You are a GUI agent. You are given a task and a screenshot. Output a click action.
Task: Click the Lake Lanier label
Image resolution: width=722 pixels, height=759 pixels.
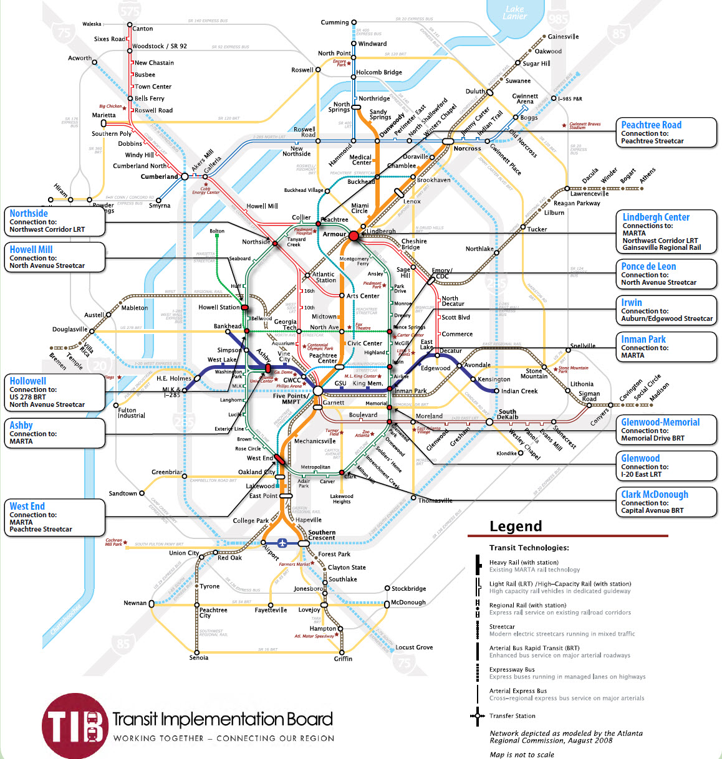point(515,12)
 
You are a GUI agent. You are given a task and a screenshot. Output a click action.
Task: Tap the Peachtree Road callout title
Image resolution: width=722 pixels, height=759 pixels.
point(651,125)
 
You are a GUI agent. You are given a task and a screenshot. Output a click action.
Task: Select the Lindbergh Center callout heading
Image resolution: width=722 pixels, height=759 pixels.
point(656,217)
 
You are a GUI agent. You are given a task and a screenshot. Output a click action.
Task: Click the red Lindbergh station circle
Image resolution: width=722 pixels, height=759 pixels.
point(354,236)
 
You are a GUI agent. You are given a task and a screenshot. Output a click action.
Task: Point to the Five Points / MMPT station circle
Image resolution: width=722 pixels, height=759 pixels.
point(317,391)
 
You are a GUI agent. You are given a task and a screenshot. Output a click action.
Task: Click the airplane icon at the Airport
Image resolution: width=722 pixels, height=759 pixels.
point(283,543)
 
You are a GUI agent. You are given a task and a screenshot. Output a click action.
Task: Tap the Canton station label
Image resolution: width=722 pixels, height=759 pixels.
point(142,29)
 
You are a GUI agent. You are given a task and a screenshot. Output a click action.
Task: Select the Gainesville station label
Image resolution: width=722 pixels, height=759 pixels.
point(563,37)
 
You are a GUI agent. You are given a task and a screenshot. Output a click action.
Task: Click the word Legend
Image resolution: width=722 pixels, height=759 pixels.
point(516,526)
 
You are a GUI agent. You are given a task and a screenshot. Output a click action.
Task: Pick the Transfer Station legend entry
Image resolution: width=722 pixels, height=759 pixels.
point(512,716)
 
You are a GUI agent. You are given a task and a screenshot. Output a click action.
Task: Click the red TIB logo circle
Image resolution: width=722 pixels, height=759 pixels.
point(74,725)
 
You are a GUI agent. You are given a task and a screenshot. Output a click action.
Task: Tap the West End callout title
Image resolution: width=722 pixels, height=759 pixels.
point(27,506)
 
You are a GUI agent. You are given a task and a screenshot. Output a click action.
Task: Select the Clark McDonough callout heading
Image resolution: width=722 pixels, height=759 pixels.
point(655,494)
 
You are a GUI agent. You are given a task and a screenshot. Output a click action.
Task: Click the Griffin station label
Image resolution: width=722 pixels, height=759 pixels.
point(343,659)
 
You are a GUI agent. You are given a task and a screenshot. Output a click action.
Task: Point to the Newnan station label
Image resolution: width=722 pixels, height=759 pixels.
point(135,603)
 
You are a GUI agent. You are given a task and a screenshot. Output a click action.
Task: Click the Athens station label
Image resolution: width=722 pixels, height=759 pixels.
point(648,174)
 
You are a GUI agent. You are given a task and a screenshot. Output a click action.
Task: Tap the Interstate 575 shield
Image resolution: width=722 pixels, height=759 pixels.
point(130,11)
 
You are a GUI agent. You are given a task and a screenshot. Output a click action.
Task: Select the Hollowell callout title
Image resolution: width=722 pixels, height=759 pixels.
point(27,381)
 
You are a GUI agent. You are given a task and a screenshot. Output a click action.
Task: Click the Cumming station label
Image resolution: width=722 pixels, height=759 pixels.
point(335,22)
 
